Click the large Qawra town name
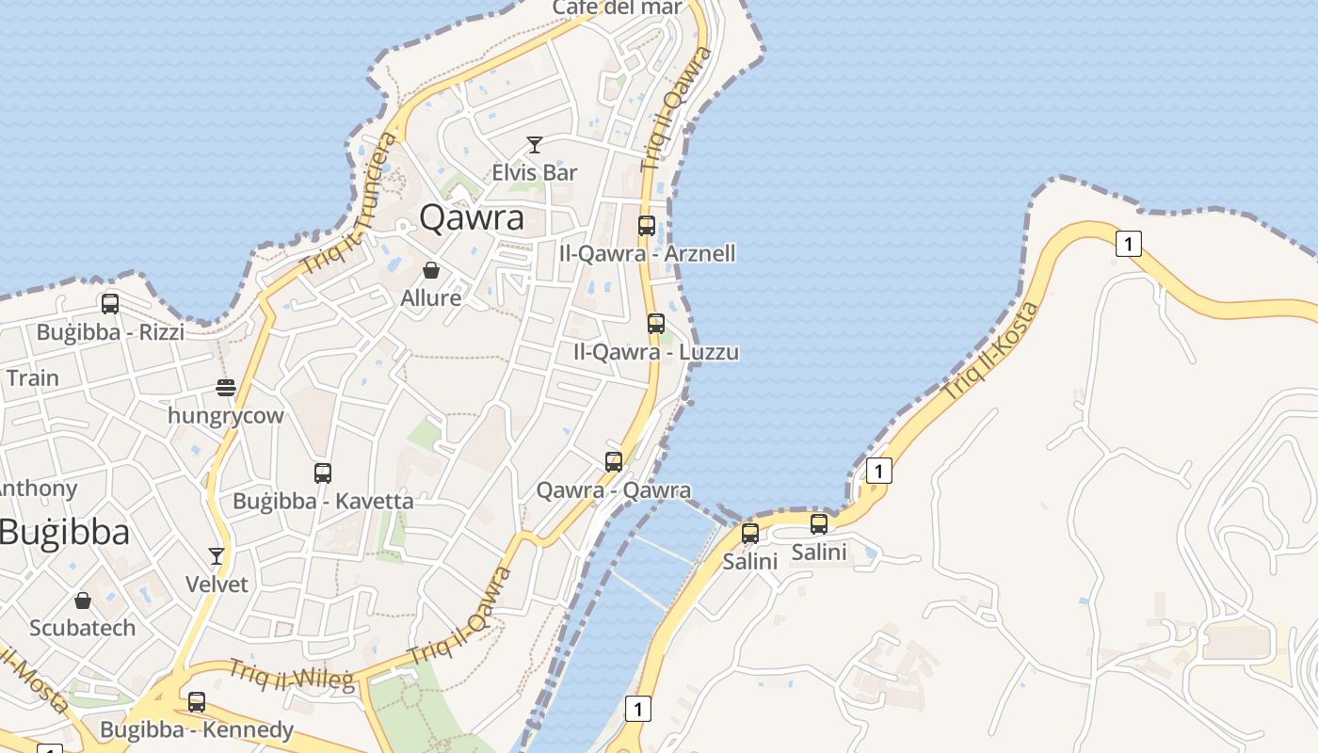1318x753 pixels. coord(472,217)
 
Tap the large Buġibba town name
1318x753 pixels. coord(64,533)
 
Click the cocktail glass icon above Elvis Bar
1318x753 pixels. coord(535,145)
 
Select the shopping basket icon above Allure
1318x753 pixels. coord(431,271)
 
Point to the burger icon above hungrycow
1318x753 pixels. coord(225,387)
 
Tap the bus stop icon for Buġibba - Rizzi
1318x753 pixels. coord(110,304)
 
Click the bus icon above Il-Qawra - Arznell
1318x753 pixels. coord(647,226)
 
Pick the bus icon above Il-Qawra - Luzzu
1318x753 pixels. coord(656,324)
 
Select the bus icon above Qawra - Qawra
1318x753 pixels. coord(614,462)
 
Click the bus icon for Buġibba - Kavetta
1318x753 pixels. coord(323,473)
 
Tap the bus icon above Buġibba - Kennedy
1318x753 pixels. coord(197,702)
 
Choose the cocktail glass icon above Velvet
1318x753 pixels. coord(217,556)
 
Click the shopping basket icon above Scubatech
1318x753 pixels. coord(83,601)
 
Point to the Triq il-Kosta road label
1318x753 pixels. coord(991,351)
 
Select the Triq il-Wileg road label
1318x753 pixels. coord(291,675)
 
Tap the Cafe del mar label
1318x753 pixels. coord(617,8)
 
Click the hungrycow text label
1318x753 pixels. coord(225,415)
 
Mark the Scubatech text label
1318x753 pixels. coord(83,628)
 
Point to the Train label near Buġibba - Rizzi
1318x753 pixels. coord(33,378)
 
